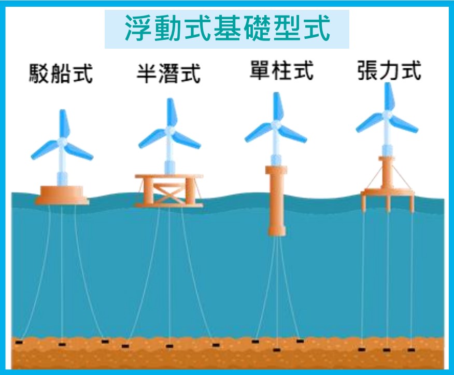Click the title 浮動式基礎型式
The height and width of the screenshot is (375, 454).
coord(228,28)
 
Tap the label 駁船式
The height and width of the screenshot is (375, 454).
coord(61,74)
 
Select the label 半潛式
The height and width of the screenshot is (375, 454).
coord(168,74)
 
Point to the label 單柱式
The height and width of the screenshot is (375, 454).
coord(281,70)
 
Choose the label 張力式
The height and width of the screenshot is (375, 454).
coord(389,70)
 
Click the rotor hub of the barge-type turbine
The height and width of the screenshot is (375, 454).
coord(62,142)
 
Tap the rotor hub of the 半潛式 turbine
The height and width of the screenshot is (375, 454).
coord(169,131)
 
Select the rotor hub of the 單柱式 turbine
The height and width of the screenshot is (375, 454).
coord(276,125)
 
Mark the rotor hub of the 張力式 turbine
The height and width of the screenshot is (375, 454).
coord(387,115)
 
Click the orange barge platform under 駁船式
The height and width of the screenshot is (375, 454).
coord(62,195)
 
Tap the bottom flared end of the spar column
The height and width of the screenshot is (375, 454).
coord(277,230)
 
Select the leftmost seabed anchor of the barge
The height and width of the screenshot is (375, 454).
coord(19,342)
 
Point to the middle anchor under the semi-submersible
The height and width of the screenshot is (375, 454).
coord(169,346)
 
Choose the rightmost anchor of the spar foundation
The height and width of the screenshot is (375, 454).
coord(300,341)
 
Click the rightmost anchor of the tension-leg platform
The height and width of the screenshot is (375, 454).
coord(412,350)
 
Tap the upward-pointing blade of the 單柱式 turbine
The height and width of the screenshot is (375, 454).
coord(278,107)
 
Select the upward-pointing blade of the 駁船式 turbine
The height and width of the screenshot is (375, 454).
coord(64,124)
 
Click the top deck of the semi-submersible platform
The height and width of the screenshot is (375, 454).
coord(169,176)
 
